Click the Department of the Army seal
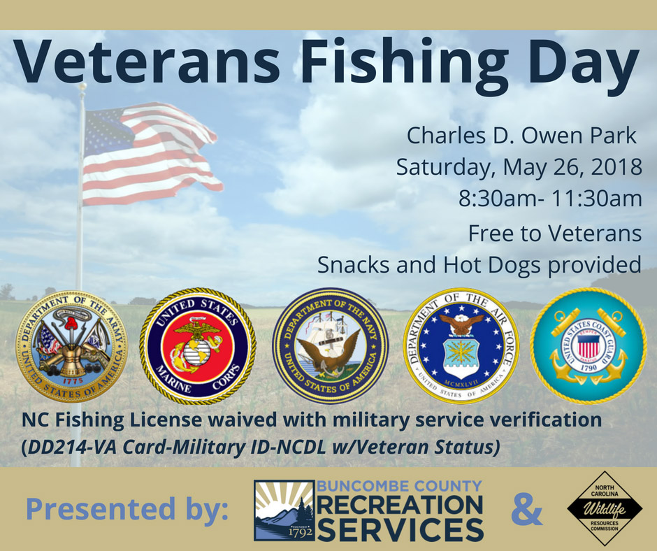coord(72,346)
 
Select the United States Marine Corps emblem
coord(198,346)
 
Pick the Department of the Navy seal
coord(331,346)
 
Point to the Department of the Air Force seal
coord(461,346)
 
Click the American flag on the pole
coord(151,153)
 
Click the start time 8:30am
coord(498,199)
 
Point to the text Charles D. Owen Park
coord(521,136)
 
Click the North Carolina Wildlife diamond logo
coord(604,508)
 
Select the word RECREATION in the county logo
coord(400,505)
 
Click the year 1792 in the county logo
coord(301,532)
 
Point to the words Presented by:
coord(127,508)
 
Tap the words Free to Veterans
coord(555,234)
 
